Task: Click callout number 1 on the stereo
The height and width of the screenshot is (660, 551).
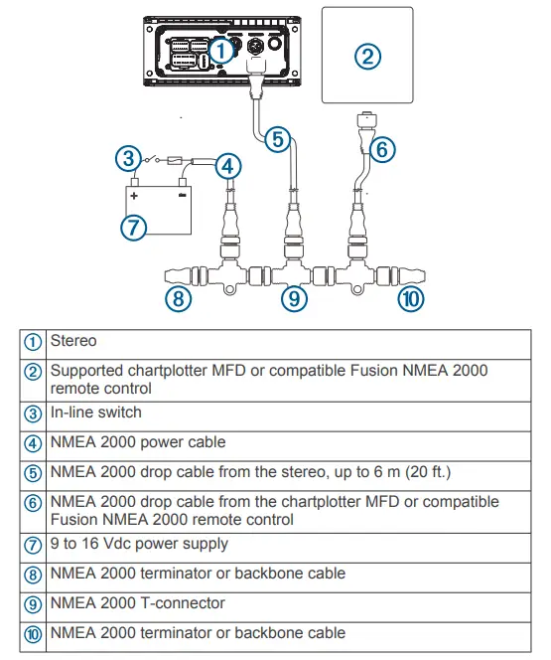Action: pyautogui.click(x=223, y=49)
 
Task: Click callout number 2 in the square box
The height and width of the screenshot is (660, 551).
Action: pyautogui.click(x=367, y=56)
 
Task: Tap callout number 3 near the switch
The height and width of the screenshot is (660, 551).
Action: pyautogui.click(x=126, y=158)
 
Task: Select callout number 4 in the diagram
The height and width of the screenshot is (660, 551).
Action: pyautogui.click(x=228, y=166)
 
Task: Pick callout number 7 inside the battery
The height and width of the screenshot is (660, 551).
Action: pyautogui.click(x=133, y=226)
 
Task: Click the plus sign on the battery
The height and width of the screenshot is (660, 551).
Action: pyautogui.click(x=133, y=197)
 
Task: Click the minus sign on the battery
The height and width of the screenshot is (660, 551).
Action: pyautogui.click(x=181, y=197)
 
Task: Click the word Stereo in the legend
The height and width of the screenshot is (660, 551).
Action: pyautogui.click(x=73, y=341)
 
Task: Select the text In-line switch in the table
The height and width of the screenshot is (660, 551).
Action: pyautogui.click(x=95, y=412)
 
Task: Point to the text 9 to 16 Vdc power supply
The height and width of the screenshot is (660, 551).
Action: pyautogui.click(x=138, y=544)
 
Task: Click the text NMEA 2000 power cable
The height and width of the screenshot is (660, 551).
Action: pyautogui.click(x=137, y=442)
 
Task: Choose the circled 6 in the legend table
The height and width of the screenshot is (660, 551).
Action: pyautogui.click(x=33, y=503)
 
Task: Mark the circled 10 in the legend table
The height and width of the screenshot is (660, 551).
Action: pyautogui.click(x=33, y=633)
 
